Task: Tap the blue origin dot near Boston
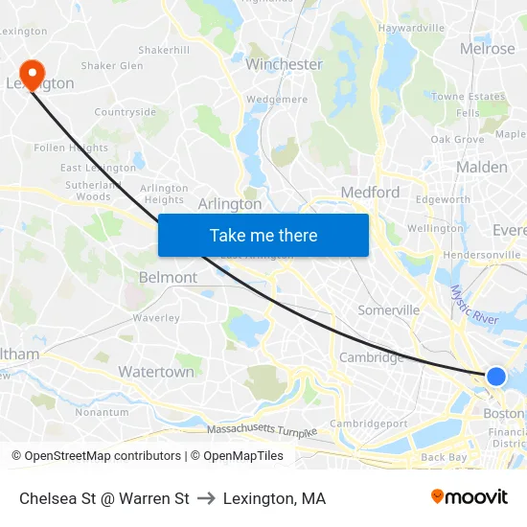tap(495, 377)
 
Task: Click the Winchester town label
tap(284, 64)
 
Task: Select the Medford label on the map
tap(370, 192)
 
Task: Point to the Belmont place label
tap(169, 277)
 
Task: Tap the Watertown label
tap(156, 371)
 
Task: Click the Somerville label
tap(388, 309)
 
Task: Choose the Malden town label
tap(481, 167)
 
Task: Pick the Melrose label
tap(487, 48)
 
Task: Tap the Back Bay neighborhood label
tap(444, 457)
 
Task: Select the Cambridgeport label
tap(369, 424)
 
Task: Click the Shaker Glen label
tap(112, 66)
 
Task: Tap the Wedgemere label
tap(276, 99)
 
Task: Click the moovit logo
tap(469, 497)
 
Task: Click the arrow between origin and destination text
tap(206, 498)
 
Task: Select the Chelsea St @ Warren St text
tap(103, 498)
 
